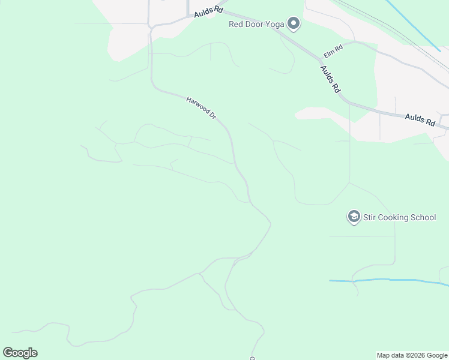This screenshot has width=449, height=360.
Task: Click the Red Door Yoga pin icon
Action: click(x=294, y=24)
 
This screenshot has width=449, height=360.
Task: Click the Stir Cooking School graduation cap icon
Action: click(x=354, y=217)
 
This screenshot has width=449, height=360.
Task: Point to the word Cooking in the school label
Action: click(x=395, y=217)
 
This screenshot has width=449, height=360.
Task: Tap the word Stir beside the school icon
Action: click(x=370, y=217)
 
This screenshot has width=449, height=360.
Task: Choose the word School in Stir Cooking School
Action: click(x=424, y=217)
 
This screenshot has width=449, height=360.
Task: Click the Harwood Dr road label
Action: click(x=201, y=107)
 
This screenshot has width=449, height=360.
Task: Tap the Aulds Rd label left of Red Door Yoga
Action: click(x=208, y=13)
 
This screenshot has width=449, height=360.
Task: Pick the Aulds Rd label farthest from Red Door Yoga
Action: click(x=420, y=119)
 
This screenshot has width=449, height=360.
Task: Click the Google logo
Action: click(x=20, y=353)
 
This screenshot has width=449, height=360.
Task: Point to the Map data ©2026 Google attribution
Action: click(x=412, y=355)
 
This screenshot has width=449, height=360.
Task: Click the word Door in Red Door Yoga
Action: click(x=255, y=25)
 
